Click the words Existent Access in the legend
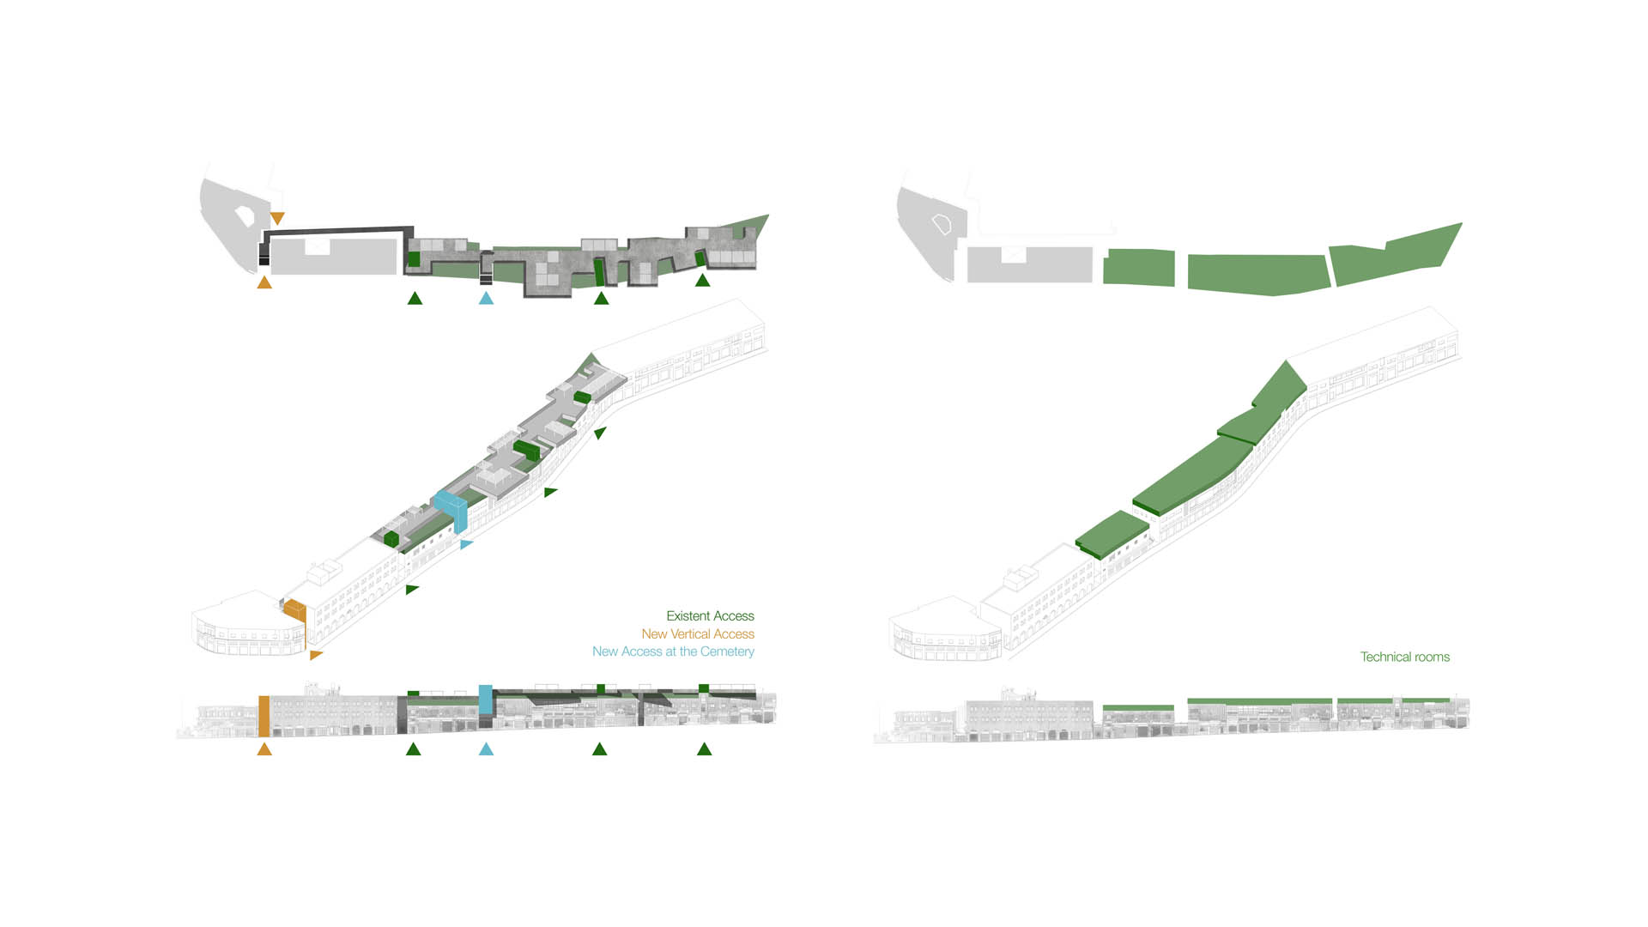click(710, 616)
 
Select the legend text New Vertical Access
click(698, 634)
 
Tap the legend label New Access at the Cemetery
click(673, 651)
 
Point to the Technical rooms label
click(1404, 657)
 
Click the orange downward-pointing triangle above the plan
click(276, 219)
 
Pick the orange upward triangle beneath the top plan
click(264, 282)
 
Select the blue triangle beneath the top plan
click(486, 298)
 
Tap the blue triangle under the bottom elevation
click(486, 749)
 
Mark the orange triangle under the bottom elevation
click(264, 749)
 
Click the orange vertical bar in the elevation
click(264, 716)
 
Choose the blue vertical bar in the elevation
click(485, 700)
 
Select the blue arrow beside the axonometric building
click(466, 544)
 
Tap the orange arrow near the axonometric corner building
click(316, 655)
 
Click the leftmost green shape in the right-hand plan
click(1138, 267)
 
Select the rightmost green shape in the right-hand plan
click(1390, 255)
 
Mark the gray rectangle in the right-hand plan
click(1029, 264)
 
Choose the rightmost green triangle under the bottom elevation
click(705, 749)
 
